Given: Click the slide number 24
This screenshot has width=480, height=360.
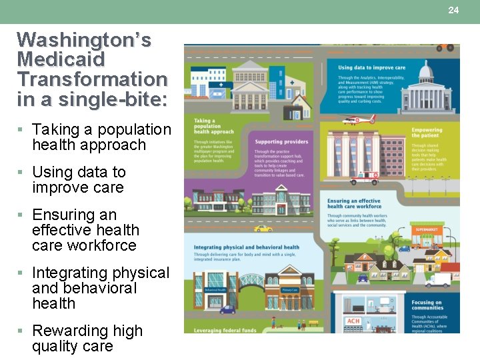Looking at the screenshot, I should tap(453, 10).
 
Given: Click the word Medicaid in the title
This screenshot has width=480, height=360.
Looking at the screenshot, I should tap(61, 59).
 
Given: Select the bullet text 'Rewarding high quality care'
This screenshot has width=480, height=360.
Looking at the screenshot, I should tap(87, 338).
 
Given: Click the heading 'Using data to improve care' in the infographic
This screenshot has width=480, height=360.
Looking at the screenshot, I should tap(371, 67).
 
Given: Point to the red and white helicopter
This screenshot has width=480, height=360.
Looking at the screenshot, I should tap(358, 120).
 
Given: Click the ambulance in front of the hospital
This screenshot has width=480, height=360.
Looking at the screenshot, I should tap(364, 178).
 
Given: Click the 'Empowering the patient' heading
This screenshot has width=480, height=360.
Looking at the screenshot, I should tap(427, 133).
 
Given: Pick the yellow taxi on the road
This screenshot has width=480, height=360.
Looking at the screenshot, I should tap(263, 229).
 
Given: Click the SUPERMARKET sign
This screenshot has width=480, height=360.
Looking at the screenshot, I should tap(428, 229).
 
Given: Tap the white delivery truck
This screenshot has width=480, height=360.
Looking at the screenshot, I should tap(437, 280).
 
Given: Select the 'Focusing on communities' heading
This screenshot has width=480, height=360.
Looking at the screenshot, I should tap(427, 305).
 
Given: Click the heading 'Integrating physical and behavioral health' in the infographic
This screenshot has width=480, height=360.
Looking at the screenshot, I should tap(246, 247).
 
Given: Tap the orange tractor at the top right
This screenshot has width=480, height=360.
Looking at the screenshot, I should tap(445, 47).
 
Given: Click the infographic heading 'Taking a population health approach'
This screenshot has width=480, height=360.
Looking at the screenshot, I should tap(213, 126).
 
